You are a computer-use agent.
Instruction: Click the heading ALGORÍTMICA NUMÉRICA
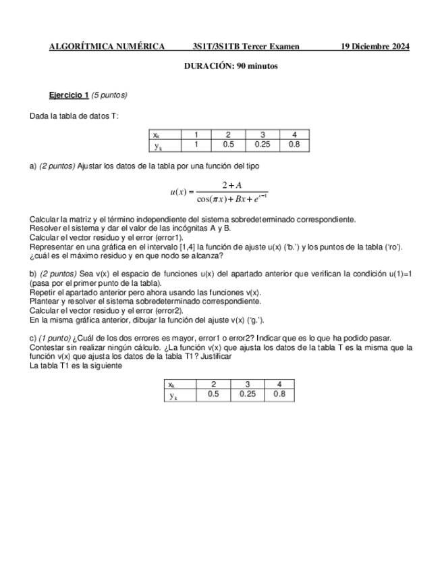pyautogui.click(x=107, y=47)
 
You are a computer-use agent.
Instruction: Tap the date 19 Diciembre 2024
pyautogui.click(x=375, y=47)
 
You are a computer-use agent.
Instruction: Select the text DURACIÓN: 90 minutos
pyautogui.click(x=231, y=66)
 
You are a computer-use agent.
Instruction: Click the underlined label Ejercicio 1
pyautogui.click(x=69, y=95)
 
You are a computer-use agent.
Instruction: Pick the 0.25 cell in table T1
pyautogui.click(x=246, y=395)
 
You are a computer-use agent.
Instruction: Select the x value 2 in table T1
pyautogui.click(x=213, y=384)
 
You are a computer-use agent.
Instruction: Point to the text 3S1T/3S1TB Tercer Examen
pyautogui.click(x=246, y=47)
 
